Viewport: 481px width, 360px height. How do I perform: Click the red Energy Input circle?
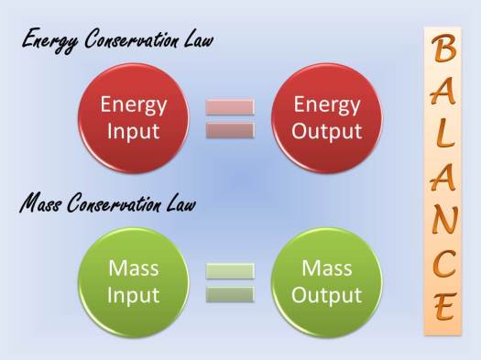point(134,117)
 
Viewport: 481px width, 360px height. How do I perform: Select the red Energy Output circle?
point(327,117)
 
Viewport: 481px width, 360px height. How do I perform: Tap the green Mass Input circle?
point(134,282)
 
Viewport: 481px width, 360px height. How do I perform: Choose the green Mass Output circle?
point(327,282)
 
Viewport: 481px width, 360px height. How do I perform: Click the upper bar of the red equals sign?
point(230,107)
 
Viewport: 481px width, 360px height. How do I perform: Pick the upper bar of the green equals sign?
point(230,271)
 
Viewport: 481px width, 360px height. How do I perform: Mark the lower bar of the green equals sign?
point(230,294)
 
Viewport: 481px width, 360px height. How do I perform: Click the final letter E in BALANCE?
point(443,308)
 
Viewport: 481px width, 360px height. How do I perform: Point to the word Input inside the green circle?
point(134,295)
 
